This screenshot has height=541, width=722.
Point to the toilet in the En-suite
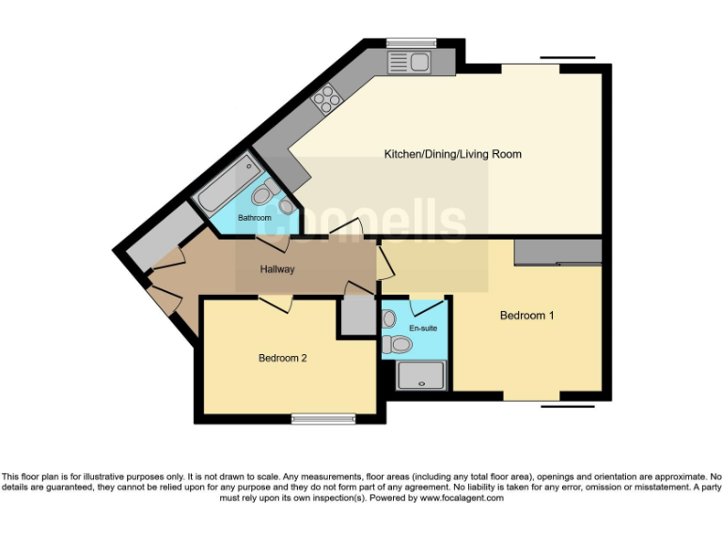pyautogui.click(x=400, y=346)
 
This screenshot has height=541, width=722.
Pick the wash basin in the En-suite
pyautogui.click(x=389, y=318)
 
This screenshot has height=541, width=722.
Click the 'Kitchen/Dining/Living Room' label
pyautogui.click(x=452, y=154)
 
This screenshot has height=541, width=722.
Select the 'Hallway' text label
pyautogui.click(x=277, y=270)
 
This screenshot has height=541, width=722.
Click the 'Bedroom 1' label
pyautogui.click(x=526, y=316)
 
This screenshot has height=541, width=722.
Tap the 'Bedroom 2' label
pyautogui.click(x=284, y=358)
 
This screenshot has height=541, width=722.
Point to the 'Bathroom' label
pyautogui.click(x=254, y=218)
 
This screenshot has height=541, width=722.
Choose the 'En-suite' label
pyautogui.click(x=423, y=328)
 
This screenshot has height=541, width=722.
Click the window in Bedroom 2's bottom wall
pyautogui.click(x=322, y=419)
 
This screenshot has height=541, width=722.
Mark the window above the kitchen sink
pyautogui.click(x=412, y=42)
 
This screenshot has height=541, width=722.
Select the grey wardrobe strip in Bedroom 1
pyautogui.click(x=557, y=251)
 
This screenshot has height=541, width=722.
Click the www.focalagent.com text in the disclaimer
pyautogui.click(x=461, y=498)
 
